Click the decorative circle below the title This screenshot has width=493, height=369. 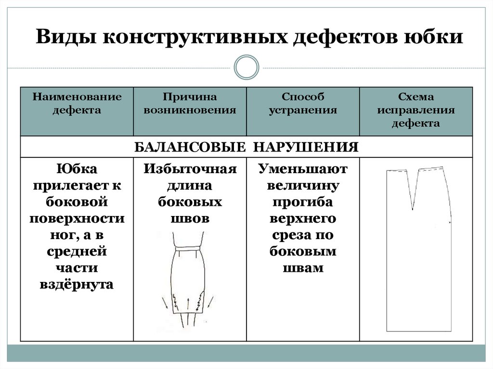(246, 67)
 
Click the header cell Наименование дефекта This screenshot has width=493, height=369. (77, 103)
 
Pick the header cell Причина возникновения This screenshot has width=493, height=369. (190, 103)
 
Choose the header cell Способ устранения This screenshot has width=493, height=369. (303, 103)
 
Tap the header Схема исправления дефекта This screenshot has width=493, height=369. (416, 110)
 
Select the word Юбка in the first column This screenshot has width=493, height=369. (77, 169)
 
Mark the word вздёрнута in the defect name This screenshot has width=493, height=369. (77, 284)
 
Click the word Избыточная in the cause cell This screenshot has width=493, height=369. (190, 169)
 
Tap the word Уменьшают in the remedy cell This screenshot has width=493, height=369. (303, 169)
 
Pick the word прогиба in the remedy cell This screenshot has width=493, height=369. (303, 202)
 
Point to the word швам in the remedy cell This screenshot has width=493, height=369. (303, 267)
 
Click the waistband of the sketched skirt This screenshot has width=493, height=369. (187, 248)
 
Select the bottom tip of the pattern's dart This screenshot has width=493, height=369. (412, 209)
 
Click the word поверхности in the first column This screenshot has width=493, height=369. (77, 218)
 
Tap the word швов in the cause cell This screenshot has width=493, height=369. (190, 218)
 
